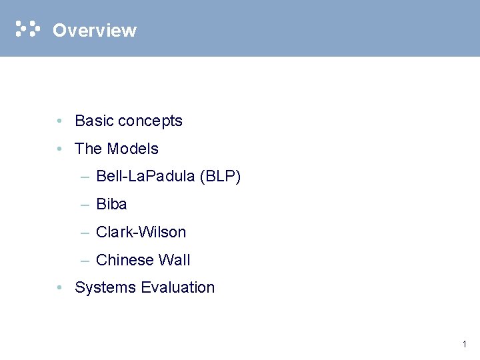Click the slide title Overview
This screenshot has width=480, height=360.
tap(94, 31)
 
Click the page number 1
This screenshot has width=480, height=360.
tap(464, 345)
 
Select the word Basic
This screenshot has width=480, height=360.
tap(94, 121)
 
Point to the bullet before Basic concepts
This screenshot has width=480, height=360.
tap(60, 121)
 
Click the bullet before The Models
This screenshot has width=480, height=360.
tap(60, 149)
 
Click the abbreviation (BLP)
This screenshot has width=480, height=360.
tap(219, 177)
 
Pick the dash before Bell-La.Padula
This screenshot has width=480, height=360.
tap(85, 177)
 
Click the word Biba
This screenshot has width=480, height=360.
tap(111, 204)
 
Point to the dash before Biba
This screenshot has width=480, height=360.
tap(85, 205)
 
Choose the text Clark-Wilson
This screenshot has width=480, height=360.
tap(141, 232)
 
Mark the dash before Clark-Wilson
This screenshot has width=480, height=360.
tap(85, 233)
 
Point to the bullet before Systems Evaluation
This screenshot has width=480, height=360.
tap(60, 288)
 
